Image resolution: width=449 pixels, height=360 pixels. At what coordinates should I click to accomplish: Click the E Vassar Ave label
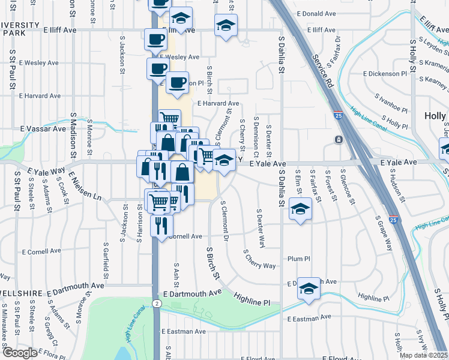pos(43,128)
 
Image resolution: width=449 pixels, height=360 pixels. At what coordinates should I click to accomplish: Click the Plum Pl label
pos(298,259)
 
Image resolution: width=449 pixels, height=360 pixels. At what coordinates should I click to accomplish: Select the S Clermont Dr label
pos(224,221)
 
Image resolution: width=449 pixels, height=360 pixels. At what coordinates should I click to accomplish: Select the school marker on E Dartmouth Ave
pos(309,288)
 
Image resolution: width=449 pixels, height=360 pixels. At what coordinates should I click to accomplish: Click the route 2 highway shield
pos(157,304)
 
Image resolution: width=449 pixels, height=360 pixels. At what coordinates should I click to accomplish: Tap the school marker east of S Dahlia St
pos(299,209)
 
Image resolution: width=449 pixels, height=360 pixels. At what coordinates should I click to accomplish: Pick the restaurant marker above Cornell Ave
pos(161,225)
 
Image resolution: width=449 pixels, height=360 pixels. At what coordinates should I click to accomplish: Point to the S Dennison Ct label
pos(256,134)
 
